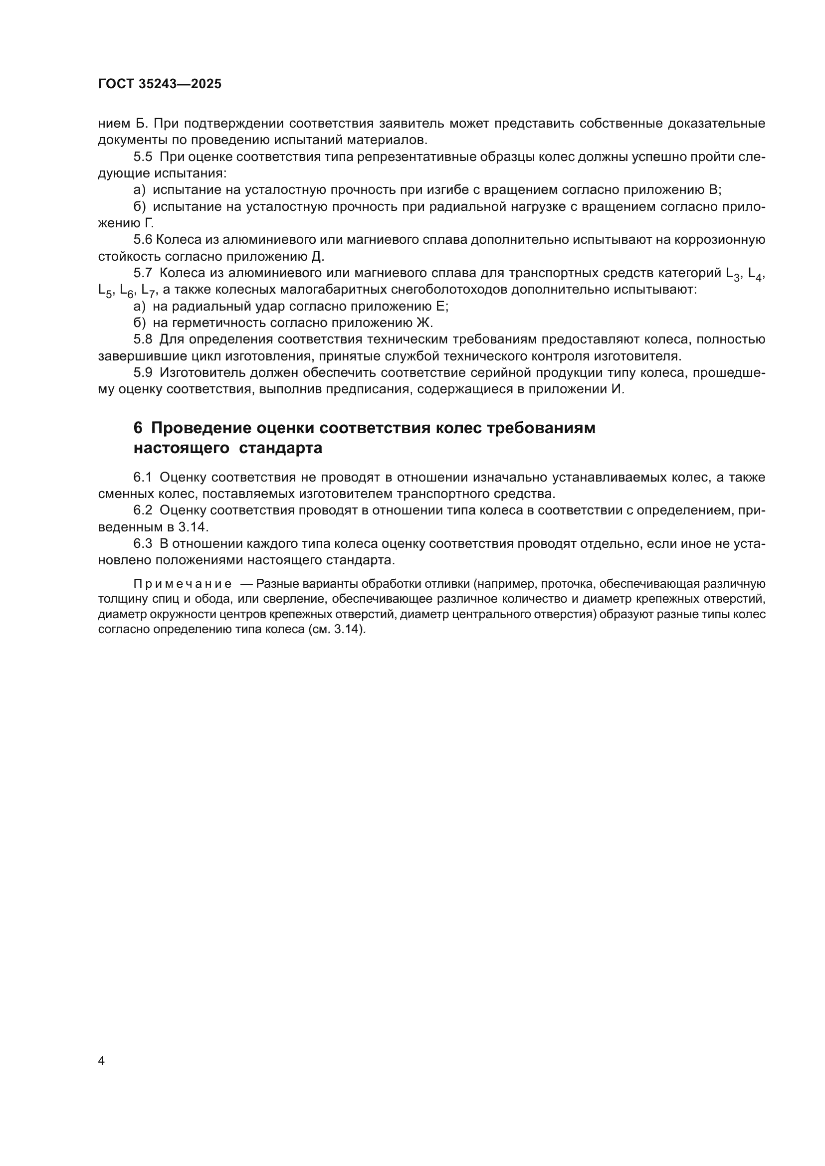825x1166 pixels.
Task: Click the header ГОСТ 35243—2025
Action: tap(160, 84)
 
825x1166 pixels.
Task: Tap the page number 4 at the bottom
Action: tap(101, 1061)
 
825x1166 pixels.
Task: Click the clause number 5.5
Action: tap(143, 157)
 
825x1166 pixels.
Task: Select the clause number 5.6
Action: tap(143, 240)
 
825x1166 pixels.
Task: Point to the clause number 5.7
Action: tap(143, 273)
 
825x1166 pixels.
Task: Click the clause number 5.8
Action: tap(143, 339)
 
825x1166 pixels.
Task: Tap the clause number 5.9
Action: tap(143, 373)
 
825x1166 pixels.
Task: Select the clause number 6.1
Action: tap(143, 478)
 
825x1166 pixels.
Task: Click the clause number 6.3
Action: tap(143, 544)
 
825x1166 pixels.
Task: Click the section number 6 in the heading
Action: tap(138, 428)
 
